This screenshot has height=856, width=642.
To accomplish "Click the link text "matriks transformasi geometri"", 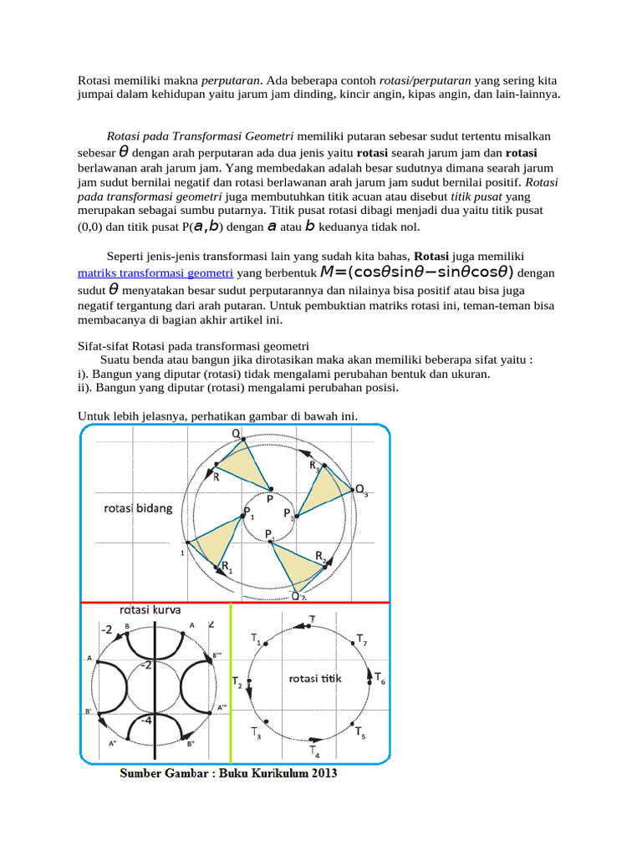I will coord(155,273).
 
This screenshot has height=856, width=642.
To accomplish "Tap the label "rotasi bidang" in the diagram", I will coord(138,507).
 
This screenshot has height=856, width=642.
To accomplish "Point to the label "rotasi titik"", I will coord(315,679).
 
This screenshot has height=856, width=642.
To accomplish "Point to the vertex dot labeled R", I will coord(217,464).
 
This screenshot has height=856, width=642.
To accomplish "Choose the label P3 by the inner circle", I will coord(288,513).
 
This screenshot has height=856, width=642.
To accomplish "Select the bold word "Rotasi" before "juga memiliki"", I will coord(432,256).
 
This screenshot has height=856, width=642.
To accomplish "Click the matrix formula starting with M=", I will coord(416,273).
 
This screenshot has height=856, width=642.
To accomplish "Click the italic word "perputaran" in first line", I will coord(232,81).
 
